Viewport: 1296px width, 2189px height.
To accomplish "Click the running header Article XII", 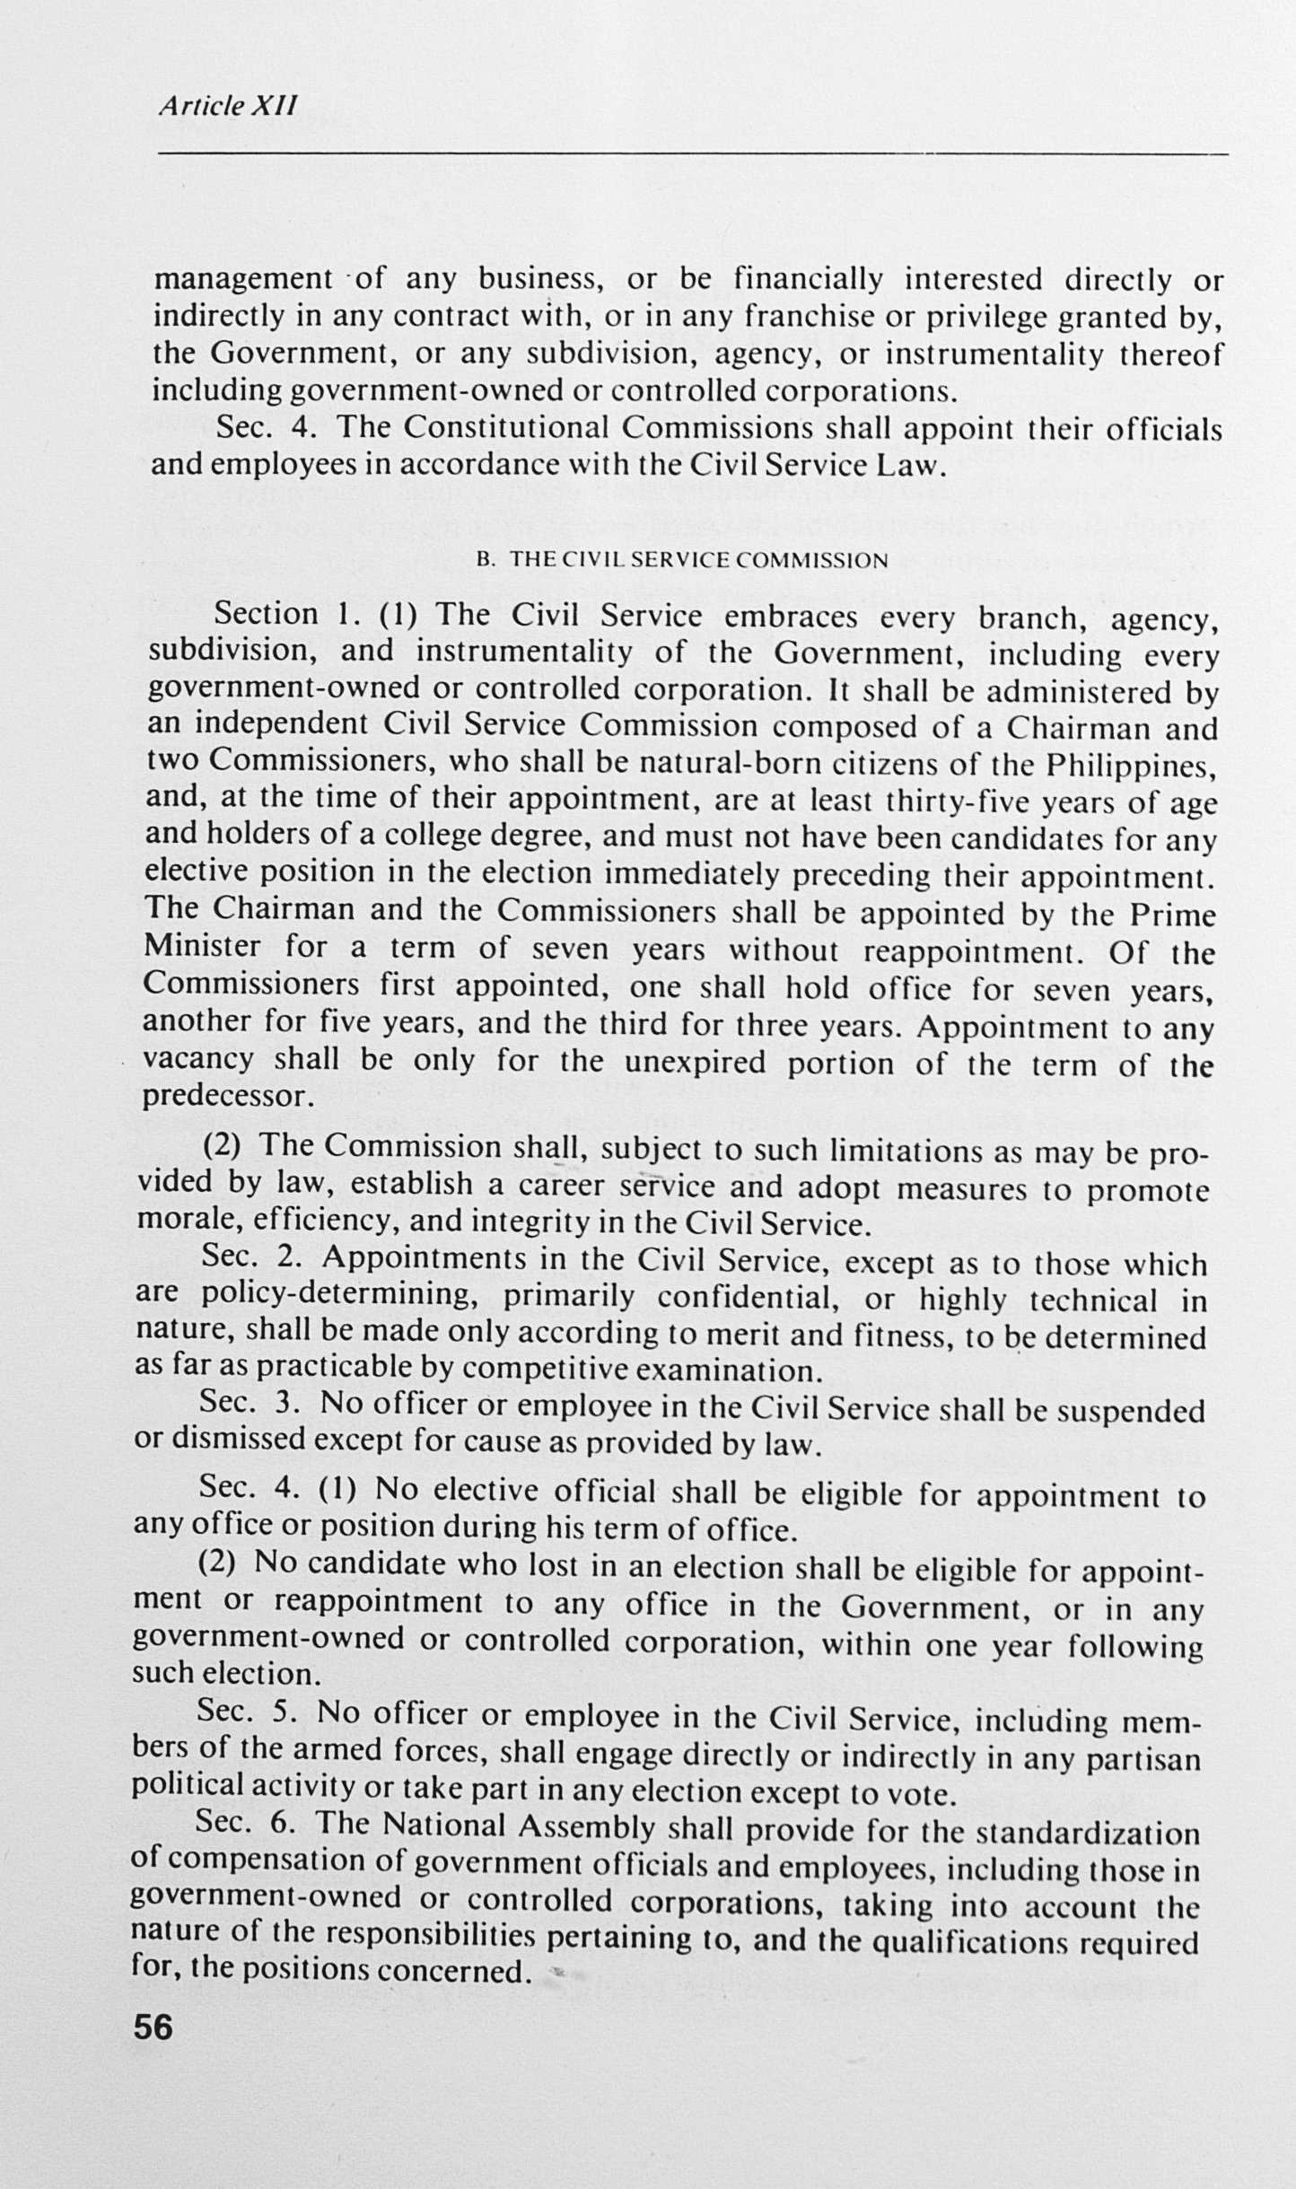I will (x=227, y=106).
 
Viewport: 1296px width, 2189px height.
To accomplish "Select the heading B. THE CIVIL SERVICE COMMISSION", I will (x=682, y=560).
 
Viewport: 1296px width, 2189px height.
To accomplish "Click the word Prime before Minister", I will (x=1172, y=915).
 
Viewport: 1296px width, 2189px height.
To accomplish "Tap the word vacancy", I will (x=197, y=1059).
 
